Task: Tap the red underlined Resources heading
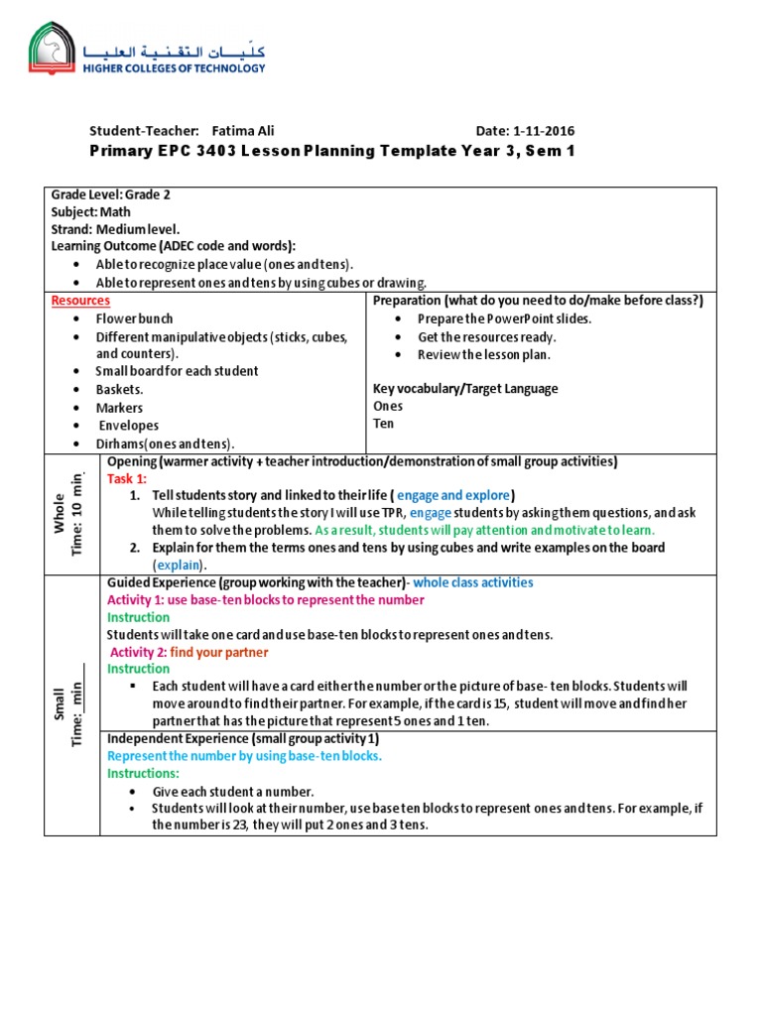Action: (x=80, y=301)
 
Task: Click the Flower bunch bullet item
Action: (x=134, y=318)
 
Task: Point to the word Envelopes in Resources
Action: (x=128, y=426)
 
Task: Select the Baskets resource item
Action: (x=119, y=389)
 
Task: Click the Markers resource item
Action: (x=119, y=408)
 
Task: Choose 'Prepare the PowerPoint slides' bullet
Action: (x=504, y=318)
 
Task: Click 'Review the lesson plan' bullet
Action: (x=484, y=354)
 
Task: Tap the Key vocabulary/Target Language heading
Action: (x=464, y=388)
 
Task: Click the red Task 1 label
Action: (x=126, y=478)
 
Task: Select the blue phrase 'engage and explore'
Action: (x=453, y=495)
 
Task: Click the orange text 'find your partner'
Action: (x=218, y=652)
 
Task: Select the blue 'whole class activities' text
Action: (x=473, y=582)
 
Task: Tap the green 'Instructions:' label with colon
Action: (x=143, y=772)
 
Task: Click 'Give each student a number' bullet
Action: (x=232, y=792)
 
